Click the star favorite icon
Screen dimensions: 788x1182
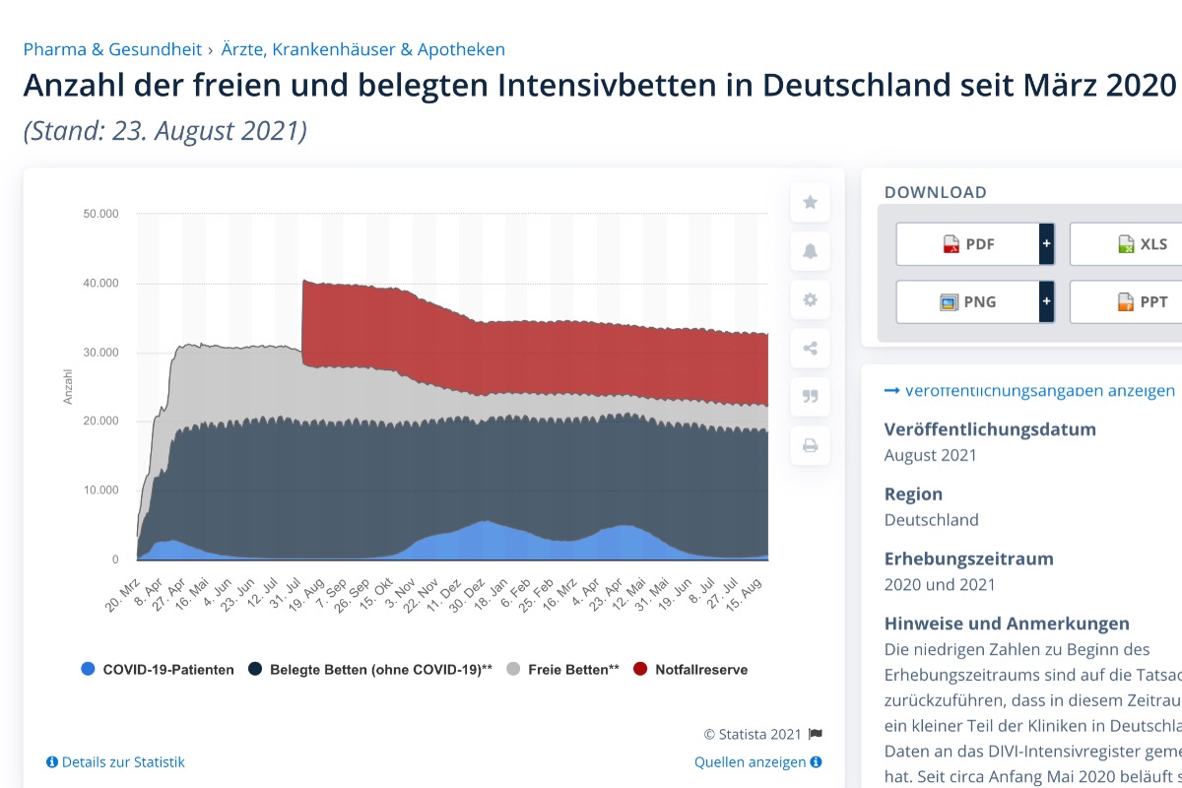(x=810, y=203)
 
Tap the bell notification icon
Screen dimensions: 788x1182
(x=810, y=251)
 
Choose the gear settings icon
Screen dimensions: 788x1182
(x=810, y=299)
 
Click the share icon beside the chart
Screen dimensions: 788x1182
(x=810, y=349)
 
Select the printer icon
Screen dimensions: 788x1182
(x=810, y=445)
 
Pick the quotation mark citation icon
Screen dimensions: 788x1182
(x=810, y=397)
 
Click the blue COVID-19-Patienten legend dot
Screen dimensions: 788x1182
(x=89, y=670)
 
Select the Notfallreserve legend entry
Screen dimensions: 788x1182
(x=700, y=670)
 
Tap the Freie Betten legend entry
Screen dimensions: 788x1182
(x=572, y=670)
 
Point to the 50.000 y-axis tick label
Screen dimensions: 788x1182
(x=99, y=214)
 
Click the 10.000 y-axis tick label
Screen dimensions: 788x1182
(x=99, y=491)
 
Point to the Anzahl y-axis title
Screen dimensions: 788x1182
(x=68, y=386)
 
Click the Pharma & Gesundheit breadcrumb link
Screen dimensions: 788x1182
(x=112, y=49)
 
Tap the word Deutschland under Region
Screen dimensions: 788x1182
(x=932, y=519)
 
